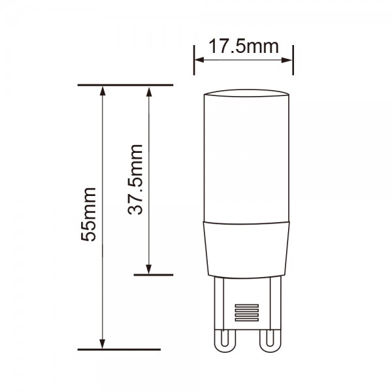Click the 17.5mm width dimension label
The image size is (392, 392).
(x=243, y=46)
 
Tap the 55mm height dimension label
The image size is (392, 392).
(x=88, y=214)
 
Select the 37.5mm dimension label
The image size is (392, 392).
(x=135, y=180)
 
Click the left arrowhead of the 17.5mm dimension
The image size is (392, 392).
(x=199, y=60)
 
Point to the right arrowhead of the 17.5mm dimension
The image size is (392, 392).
(x=287, y=60)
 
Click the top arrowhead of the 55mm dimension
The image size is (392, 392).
(x=103, y=91)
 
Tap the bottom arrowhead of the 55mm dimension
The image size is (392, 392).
(x=103, y=344)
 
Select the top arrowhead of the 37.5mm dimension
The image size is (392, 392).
(x=149, y=91)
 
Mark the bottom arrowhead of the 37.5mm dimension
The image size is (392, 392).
(x=149, y=269)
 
